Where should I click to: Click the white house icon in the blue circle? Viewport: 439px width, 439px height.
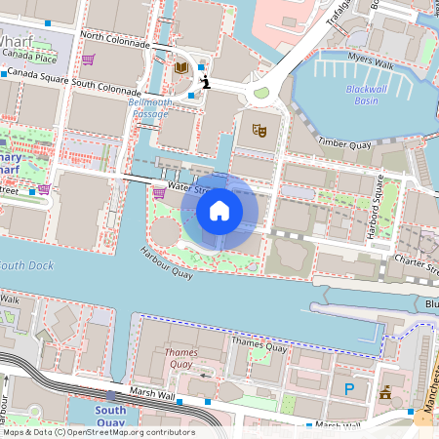[x=219, y=210]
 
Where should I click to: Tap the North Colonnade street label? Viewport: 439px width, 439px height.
[x=115, y=40]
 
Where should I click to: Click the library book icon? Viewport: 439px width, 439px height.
[x=180, y=67]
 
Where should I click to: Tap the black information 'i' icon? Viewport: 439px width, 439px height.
[x=204, y=83]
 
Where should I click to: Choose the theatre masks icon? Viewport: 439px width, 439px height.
[x=259, y=129]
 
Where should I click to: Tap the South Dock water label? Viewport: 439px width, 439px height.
[x=26, y=265]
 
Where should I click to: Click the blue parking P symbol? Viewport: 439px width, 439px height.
[x=349, y=389]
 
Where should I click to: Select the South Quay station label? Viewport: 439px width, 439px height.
[x=110, y=417]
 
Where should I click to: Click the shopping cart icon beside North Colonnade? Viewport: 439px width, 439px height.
[x=88, y=60]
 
